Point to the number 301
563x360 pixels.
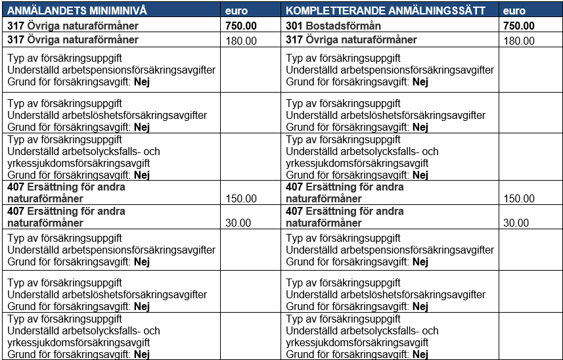pos(295,26)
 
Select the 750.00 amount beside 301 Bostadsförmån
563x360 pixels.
pos(518,26)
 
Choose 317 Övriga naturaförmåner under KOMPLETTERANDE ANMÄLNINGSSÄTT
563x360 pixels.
pos(351,40)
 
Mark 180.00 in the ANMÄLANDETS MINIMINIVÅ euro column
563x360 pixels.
pos(241,41)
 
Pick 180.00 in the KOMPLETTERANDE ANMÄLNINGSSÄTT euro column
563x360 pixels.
pos(519,41)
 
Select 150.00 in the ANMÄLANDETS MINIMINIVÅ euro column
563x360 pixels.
pos(241,198)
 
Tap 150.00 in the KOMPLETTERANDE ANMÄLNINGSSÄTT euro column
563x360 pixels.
pos(519,198)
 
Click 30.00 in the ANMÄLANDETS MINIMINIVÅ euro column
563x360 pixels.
pos(238,223)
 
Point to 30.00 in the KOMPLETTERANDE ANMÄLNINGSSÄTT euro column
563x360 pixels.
pos(516,223)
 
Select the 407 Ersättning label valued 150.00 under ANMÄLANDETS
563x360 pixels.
pos(66,192)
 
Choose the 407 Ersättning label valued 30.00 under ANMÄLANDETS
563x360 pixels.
pos(66,217)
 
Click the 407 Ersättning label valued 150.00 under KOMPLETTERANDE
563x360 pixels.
pos(345,192)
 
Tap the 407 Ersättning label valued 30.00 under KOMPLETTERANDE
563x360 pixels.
pos(345,217)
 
